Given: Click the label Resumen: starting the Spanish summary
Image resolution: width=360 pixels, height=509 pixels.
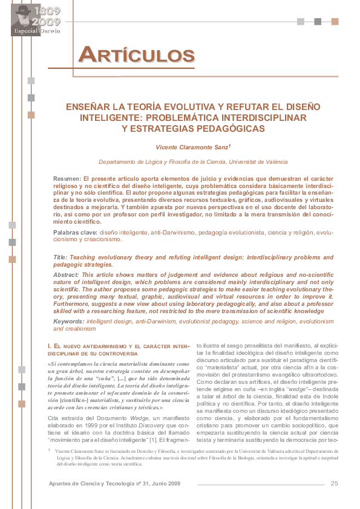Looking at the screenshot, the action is [67, 180].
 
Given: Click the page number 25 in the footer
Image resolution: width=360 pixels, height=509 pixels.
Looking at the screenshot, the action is [334, 482].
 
